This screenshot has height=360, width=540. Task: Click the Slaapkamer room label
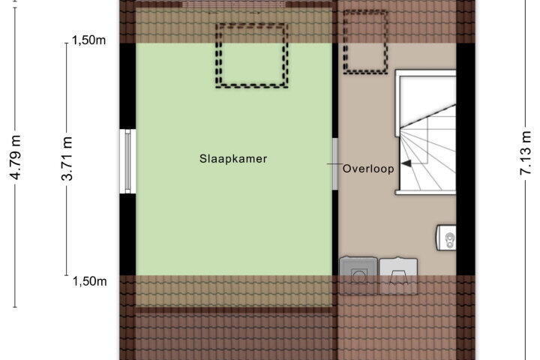[x=233, y=159]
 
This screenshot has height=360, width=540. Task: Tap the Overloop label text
[x=368, y=169]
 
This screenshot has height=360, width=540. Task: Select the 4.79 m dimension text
[x=16, y=157]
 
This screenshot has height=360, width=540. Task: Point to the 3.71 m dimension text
[x=67, y=158]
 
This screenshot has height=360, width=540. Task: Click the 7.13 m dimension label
[x=526, y=153]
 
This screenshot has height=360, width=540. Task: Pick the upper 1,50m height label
[x=88, y=40]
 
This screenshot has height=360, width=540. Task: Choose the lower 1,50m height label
[x=89, y=281]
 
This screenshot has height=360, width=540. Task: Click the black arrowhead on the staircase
[x=406, y=163]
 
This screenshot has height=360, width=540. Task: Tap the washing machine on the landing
[x=358, y=275]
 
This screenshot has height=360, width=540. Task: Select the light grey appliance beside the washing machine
[x=398, y=275]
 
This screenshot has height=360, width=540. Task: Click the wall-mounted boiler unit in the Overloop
[x=447, y=237]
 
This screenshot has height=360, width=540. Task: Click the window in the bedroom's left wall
[x=127, y=161]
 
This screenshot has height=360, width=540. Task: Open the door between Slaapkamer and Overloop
[x=334, y=164]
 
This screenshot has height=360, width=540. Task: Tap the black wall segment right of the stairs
[x=466, y=159]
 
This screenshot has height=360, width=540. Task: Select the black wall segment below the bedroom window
[x=127, y=234]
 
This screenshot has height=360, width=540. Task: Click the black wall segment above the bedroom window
[x=127, y=86]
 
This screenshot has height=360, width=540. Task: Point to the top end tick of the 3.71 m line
[x=67, y=43]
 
